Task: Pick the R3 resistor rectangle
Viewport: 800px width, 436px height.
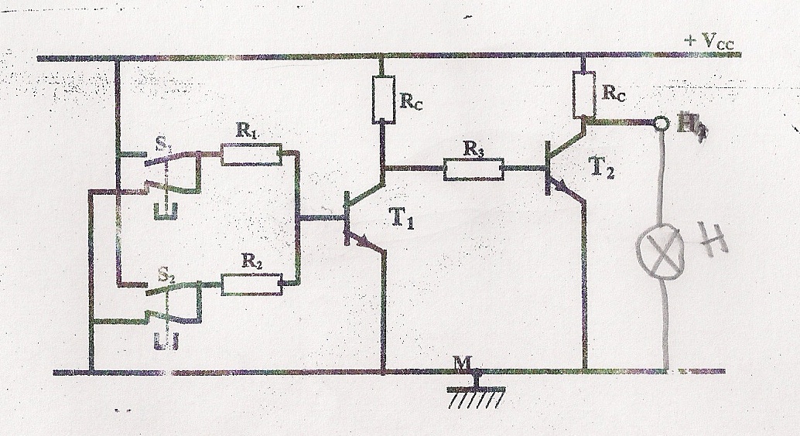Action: (x=474, y=169)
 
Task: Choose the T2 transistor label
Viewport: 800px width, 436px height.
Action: (x=607, y=172)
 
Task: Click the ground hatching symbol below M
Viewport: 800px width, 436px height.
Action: (x=474, y=395)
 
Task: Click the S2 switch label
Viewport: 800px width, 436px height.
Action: (x=165, y=272)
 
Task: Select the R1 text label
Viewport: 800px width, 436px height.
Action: (x=247, y=134)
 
